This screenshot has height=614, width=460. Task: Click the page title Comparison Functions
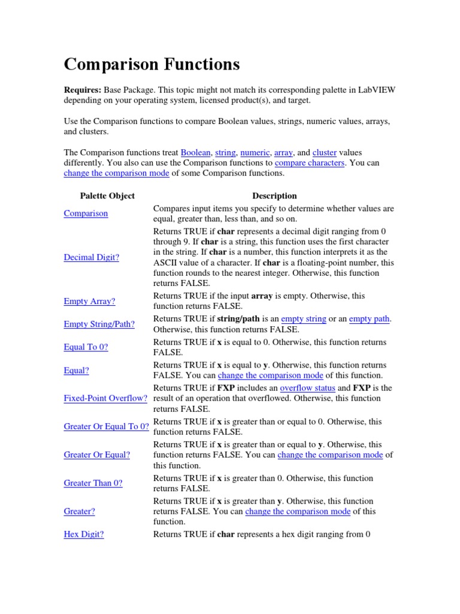[x=152, y=64]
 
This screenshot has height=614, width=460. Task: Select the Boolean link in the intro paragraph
[x=195, y=153]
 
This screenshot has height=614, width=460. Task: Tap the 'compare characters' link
[x=309, y=163]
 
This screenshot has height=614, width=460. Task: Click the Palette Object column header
[x=107, y=195]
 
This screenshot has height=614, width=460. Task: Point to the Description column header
[x=274, y=195]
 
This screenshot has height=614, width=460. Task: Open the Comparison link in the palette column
[x=86, y=213]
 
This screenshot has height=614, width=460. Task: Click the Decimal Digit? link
[x=91, y=257]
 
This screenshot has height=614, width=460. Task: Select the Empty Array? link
[x=89, y=301]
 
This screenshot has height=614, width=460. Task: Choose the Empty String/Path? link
[x=99, y=324]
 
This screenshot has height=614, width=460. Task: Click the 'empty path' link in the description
[x=369, y=319]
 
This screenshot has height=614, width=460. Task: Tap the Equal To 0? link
[x=86, y=347]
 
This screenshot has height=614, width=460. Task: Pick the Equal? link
[x=76, y=371]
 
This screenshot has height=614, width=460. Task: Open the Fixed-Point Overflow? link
[x=105, y=398]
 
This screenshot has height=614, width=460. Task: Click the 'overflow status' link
[x=307, y=388]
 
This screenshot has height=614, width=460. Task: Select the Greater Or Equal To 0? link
[x=106, y=426]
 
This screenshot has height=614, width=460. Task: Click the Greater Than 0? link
[x=93, y=483]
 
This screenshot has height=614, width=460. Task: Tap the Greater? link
[x=79, y=511]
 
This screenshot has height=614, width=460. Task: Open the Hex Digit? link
[x=83, y=534]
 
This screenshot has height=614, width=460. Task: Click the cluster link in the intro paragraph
[x=325, y=153]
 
